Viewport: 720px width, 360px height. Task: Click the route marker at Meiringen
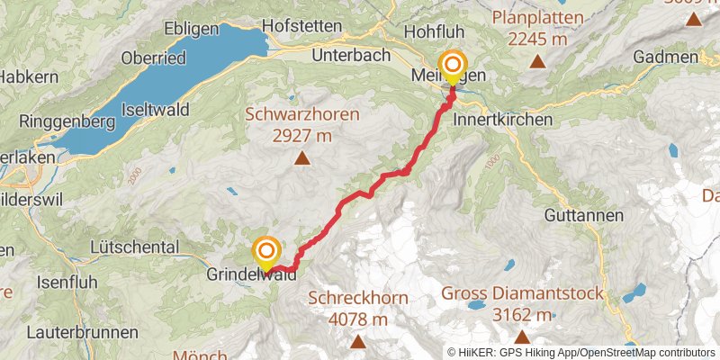pos(452,66)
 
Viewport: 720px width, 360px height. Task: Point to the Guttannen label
pos(584,216)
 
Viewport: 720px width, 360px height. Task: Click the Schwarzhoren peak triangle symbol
pos(302,160)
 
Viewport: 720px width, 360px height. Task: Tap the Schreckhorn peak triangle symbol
pos(358,342)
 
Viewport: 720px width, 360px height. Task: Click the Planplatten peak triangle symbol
pos(537,62)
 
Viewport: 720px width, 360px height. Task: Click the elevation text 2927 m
pos(301,136)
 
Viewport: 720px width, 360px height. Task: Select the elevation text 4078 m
pos(358,319)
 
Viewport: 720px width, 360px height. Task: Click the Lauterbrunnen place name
pos(68,332)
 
